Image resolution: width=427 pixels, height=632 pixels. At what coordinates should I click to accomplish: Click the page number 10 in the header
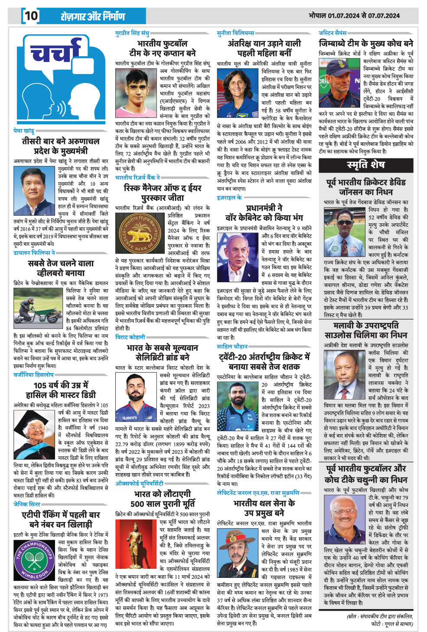[x=31, y=16]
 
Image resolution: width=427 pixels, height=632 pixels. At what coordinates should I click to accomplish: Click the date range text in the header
[x=354, y=16]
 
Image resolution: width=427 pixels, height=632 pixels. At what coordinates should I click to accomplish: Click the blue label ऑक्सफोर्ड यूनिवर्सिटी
[x=139, y=484]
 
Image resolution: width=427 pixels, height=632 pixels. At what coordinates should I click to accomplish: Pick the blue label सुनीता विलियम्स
[x=236, y=33]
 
